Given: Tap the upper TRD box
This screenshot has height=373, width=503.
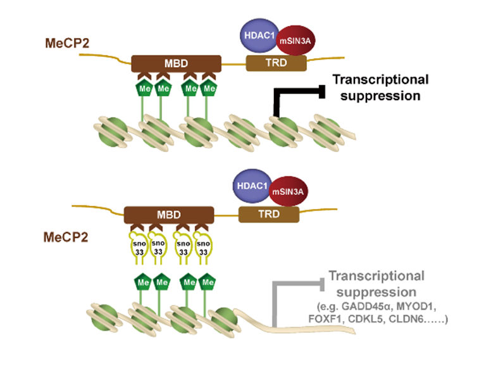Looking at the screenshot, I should (275, 63).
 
